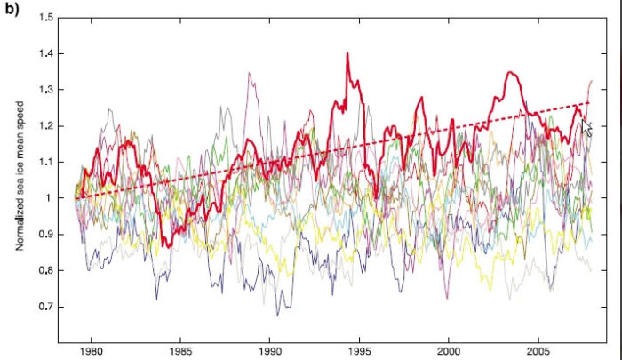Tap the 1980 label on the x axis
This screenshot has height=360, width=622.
click(x=92, y=352)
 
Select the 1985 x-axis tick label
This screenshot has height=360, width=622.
click(x=181, y=352)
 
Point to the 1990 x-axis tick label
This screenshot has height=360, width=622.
click(x=270, y=352)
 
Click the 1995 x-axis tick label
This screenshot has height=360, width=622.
click(x=360, y=352)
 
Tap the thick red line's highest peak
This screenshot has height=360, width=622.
click(x=347, y=54)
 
